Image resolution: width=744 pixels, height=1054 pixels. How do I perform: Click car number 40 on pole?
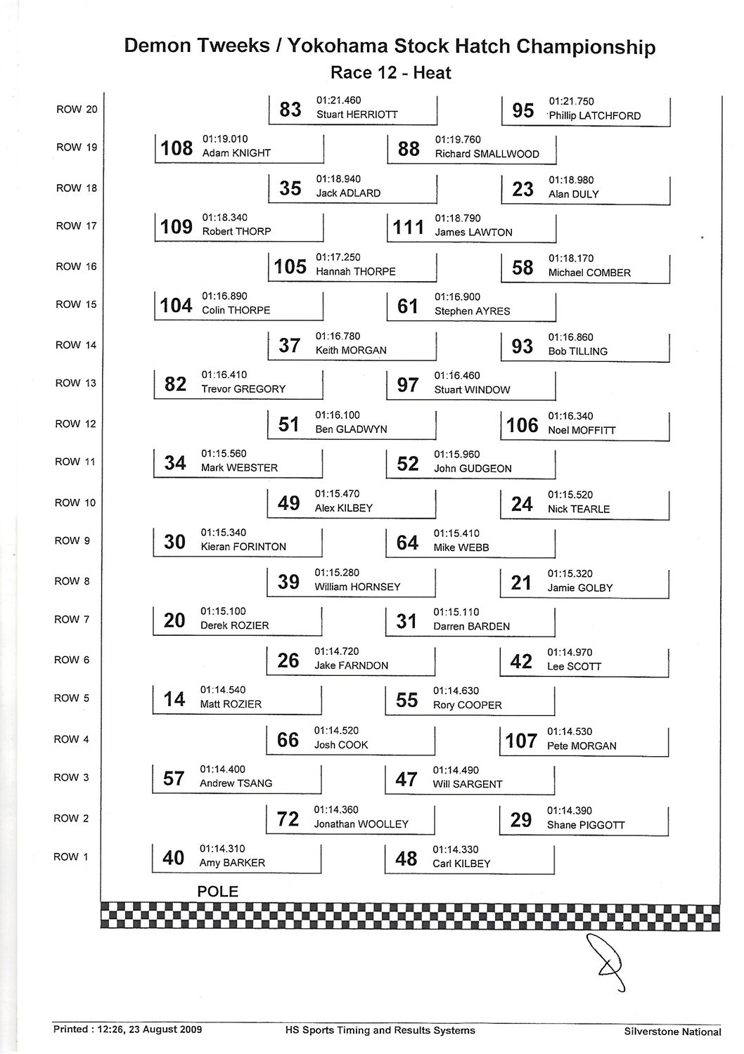pyautogui.click(x=173, y=858)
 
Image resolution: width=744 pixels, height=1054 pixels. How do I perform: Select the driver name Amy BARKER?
pyautogui.click(x=232, y=863)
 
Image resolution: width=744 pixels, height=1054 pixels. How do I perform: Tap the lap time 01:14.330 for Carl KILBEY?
pyautogui.click(x=456, y=850)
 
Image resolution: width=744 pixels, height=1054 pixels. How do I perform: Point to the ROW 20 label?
pyautogui.click(x=77, y=110)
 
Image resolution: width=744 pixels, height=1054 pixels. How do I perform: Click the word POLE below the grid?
pyautogui.click(x=217, y=892)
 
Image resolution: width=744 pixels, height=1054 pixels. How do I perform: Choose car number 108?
pyautogui.click(x=177, y=148)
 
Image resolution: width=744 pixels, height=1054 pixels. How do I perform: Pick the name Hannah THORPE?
pyautogui.click(x=355, y=271)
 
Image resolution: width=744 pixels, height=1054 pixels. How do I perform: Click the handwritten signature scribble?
pyautogui.click(x=605, y=961)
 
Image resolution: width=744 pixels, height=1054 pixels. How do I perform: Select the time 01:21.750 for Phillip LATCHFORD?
pyautogui.click(x=571, y=101)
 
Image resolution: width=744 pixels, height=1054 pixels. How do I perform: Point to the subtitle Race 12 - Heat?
pyautogui.click(x=390, y=73)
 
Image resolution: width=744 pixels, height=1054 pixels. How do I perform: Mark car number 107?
pyautogui.click(x=521, y=741)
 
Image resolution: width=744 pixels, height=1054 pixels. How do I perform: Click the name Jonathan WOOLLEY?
pyautogui.click(x=361, y=824)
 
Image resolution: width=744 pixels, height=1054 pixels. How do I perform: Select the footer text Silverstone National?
pyautogui.click(x=672, y=1032)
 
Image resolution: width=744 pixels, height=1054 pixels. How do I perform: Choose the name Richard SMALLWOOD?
pyautogui.click(x=487, y=154)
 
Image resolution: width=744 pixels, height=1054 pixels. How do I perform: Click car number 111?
pyautogui.click(x=409, y=227)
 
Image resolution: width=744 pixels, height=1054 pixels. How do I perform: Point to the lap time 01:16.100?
pyautogui.click(x=338, y=415)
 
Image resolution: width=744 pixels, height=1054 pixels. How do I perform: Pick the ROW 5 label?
pyautogui.click(x=72, y=698)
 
